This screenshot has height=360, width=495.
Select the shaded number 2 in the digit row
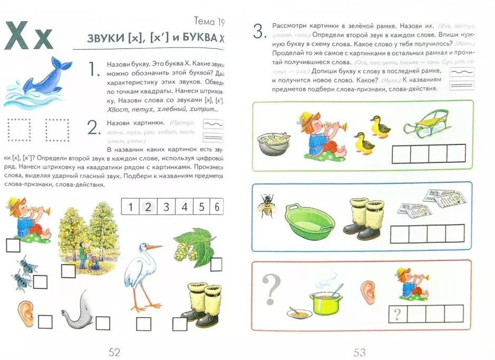click(148, 207)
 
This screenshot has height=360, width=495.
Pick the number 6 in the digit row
click(217, 207)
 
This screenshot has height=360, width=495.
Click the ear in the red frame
click(367, 293)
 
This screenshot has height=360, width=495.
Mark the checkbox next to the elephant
click(103, 323)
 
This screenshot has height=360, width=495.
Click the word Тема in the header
click(203, 22)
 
